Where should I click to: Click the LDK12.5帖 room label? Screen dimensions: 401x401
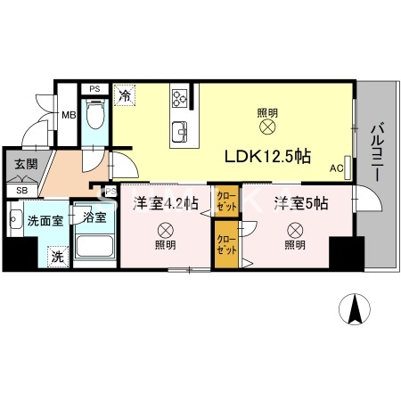point(266,155)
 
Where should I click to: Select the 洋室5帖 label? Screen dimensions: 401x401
point(300,202)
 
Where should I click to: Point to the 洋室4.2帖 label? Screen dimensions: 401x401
point(165,203)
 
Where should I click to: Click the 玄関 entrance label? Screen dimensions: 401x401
point(24,165)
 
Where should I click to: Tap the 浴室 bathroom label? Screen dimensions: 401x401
point(94,217)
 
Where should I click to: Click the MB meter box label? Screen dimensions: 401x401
point(68,114)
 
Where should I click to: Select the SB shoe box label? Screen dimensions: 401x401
point(21,191)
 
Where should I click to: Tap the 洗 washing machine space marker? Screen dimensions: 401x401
point(56,257)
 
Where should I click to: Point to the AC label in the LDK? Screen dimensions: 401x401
point(336,168)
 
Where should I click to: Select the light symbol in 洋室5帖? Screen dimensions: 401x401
point(294,227)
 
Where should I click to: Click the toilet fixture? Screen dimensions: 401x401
point(98,115)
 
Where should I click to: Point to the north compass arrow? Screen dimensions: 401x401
point(355,308)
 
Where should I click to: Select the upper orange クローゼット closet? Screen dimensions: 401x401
point(224,201)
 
